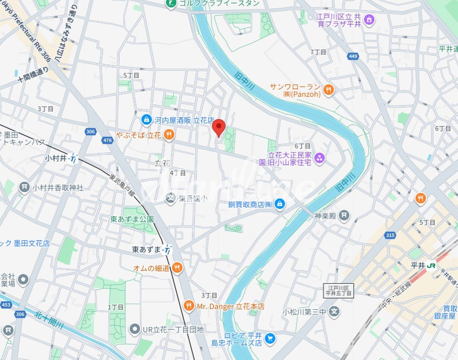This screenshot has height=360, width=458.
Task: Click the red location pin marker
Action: pos(219,127)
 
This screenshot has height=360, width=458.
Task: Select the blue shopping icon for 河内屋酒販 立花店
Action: pos(146,120)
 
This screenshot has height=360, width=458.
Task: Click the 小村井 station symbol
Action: pos(73,159)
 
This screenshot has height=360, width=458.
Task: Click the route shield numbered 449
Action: pos(352,56)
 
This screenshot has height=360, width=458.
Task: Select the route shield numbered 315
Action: pos(390,235)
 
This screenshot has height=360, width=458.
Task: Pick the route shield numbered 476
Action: pos(108,140)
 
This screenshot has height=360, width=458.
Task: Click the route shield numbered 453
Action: pos(6,305)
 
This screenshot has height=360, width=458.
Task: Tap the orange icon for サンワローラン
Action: pos(329,89)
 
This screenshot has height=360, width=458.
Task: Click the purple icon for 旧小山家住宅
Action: pos(319,159)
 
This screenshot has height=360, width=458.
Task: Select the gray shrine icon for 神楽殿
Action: pos(344,215)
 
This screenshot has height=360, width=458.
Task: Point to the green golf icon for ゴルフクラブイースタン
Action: pos(171,4)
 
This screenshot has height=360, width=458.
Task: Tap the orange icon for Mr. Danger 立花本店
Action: pos(189,306)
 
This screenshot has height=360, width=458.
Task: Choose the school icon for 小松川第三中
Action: pos(334,312)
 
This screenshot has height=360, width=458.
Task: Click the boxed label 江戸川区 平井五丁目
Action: pos(339,291)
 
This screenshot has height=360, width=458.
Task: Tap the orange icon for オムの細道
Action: pos(177,267)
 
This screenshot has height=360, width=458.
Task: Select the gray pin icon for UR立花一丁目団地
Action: pos(135,329)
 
